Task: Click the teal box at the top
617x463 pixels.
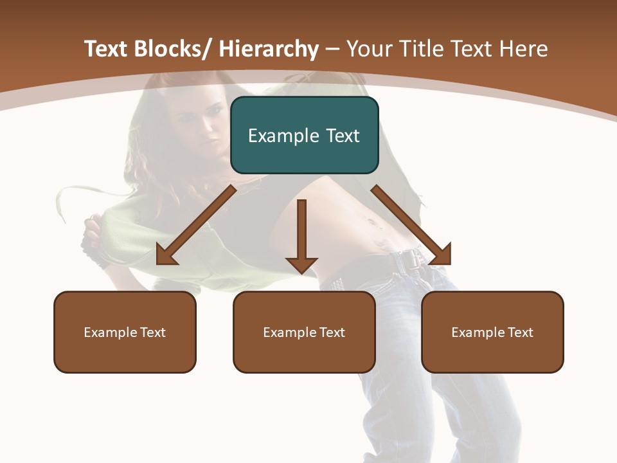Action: (304, 135)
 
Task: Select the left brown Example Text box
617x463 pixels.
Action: (125, 332)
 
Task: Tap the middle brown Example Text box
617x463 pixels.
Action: (304, 332)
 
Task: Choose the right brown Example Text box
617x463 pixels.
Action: (492, 332)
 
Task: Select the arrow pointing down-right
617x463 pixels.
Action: (411, 225)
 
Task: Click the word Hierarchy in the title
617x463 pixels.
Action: (269, 49)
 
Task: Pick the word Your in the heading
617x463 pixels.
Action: (369, 49)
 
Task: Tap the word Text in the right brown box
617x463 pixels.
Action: (519, 332)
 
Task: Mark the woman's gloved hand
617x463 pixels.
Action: (93, 244)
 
